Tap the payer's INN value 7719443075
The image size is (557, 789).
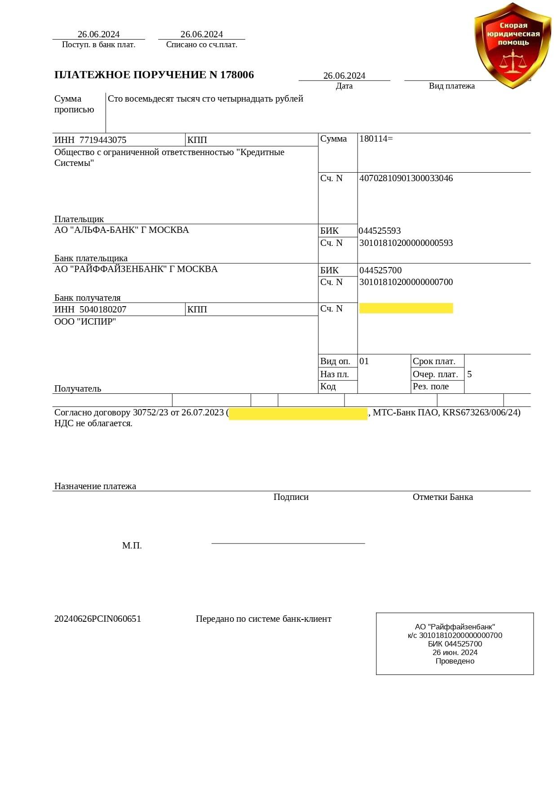click(103, 140)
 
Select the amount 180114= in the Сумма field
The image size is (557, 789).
click(376, 139)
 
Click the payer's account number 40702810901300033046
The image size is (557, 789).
click(406, 178)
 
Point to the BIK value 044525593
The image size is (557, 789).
click(380, 231)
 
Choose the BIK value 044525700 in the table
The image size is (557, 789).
click(380, 271)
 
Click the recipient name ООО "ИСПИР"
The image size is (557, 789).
click(85, 322)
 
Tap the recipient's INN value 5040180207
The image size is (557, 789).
click(103, 310)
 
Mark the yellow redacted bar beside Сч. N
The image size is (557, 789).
click(406, 308)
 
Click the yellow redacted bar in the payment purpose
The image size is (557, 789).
click(298, 414)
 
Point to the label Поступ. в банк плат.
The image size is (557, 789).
click(98, 45)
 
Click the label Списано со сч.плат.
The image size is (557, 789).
click(202, 45)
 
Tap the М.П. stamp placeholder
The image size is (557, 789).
click(132, 546)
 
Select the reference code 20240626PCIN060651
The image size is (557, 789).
click(98, 619)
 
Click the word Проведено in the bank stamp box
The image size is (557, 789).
click(455, 661)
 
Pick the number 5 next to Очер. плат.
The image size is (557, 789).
click(469, 374)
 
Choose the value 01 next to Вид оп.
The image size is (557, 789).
click(364, 361)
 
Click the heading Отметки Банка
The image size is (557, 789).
click(442, 497)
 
